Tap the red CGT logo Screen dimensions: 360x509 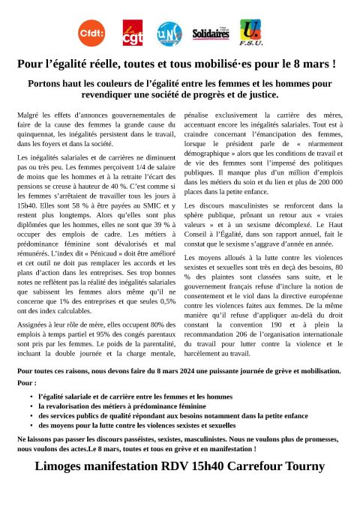pos(132,33)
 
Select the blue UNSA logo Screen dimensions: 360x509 pos(169,33)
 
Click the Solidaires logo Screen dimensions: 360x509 pos(211,34)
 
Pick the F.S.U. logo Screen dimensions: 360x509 pos(250,31)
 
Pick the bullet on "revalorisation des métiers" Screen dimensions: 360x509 pos(114,405)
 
